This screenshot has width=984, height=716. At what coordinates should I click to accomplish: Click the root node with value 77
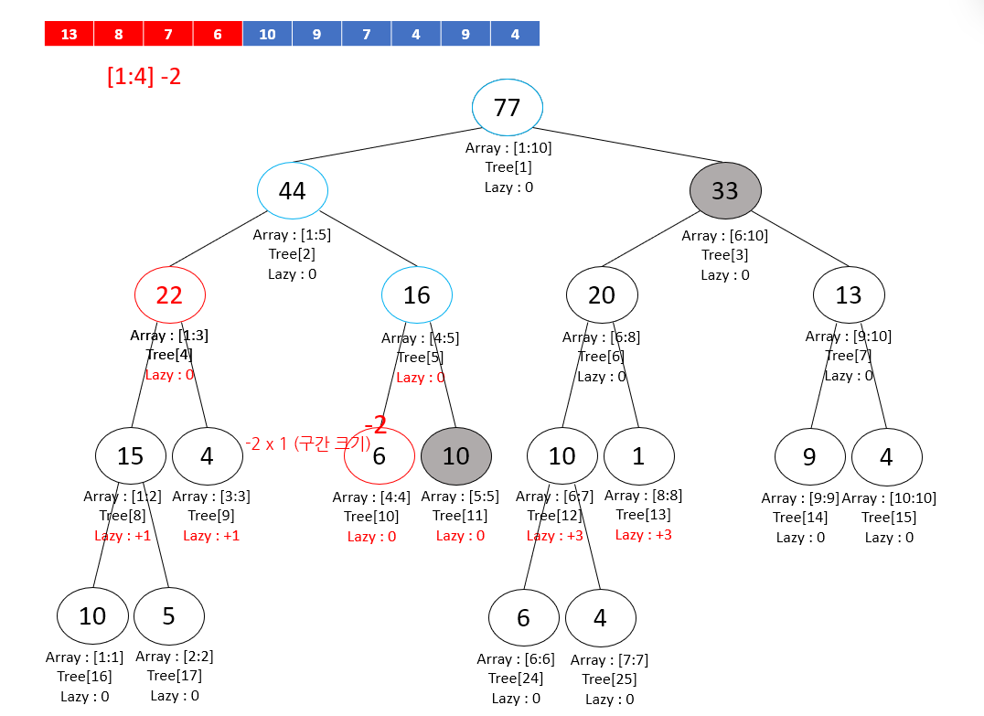tap(508, 107)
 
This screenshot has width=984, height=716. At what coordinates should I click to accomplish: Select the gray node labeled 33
tap(725, 190)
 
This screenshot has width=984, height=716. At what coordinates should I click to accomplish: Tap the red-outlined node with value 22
tap(169, 295)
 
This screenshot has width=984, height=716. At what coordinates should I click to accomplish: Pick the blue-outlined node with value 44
tap(293, 190)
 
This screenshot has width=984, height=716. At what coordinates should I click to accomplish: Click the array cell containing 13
tap(70, 35)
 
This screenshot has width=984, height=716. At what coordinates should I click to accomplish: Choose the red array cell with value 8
tap(119, 35)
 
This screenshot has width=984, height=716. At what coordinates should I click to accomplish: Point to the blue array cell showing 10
tap(267, 35)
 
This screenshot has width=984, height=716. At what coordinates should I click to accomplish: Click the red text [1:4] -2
tap(144, 77)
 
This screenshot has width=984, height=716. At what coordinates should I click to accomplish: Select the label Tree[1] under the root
tap(508, 167)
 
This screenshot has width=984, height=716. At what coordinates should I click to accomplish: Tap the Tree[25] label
tap(609, 679)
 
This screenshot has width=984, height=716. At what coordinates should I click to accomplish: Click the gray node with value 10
tap(456, 455)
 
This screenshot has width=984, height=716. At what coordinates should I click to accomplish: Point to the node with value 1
tap(638, 455)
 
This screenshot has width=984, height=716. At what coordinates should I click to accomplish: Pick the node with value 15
tap(131, 455)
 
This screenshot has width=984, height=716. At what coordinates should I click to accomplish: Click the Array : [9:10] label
tap(849, 337)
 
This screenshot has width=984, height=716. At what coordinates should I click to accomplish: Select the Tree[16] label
tap(84, 677)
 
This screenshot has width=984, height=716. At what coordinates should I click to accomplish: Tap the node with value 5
tap(169, 616)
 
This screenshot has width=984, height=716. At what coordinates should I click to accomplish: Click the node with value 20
tap(602, 295)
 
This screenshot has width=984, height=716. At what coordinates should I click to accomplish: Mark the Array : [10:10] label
tap(889, 498)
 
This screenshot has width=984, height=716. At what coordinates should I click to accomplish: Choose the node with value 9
tap(809, 455)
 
